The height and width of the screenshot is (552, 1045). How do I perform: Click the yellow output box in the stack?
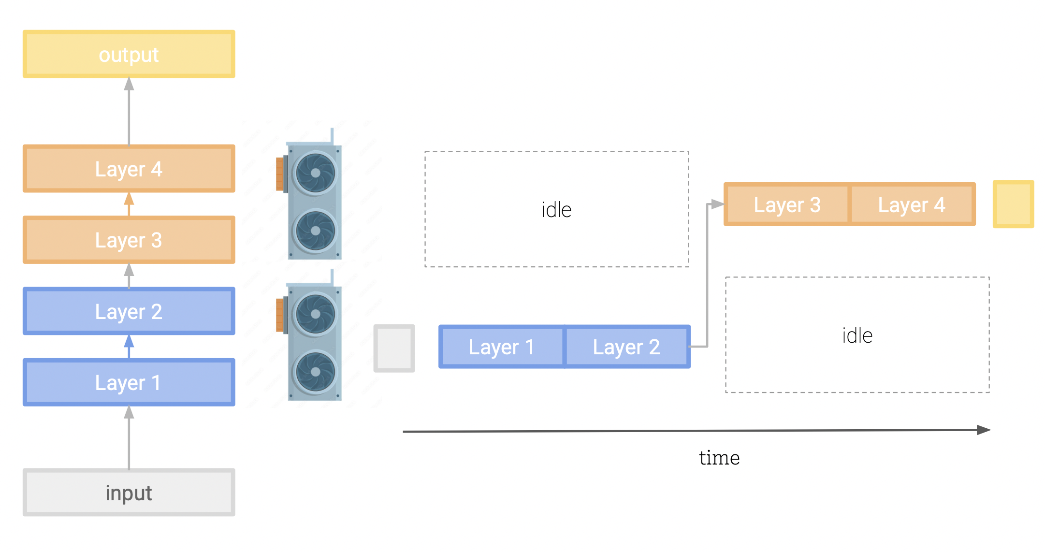point(129,54)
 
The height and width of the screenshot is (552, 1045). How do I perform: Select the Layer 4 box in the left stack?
point(129,169)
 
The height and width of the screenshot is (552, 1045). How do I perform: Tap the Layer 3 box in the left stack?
point(129,240)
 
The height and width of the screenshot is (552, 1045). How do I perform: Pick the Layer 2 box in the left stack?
point(129,311)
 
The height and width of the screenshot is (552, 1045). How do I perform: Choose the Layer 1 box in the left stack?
point(129,382)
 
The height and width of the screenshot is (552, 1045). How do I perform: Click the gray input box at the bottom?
point(129,493)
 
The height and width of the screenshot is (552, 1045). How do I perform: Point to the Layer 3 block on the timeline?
point(787,204)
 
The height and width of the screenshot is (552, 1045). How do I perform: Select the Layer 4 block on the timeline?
point(912,204)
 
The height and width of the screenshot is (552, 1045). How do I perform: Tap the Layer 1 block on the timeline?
point(501,347)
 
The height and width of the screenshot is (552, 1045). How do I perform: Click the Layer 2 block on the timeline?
point(627,347)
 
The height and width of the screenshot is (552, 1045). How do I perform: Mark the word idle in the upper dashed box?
point(556,210)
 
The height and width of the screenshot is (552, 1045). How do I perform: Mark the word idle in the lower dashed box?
point(857,335)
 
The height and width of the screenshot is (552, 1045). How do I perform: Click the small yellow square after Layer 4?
point(1013,204)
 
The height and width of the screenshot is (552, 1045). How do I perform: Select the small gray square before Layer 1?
point(394,348)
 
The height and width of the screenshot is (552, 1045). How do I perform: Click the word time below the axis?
point(719,457)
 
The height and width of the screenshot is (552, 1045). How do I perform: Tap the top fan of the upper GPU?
point(316,173)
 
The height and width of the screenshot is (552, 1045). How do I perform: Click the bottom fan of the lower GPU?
point(316,372)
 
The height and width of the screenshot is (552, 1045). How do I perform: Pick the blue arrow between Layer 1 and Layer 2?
point(129,346)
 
